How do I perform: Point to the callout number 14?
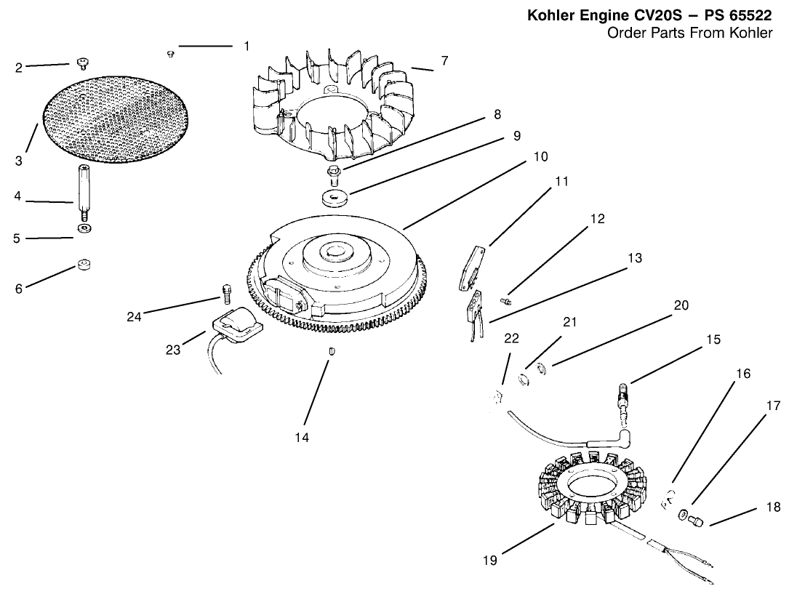click(302, 437)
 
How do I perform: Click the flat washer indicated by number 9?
click(335, 198)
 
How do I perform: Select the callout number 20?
click(681, 305)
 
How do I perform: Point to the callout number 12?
click(597, 219)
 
